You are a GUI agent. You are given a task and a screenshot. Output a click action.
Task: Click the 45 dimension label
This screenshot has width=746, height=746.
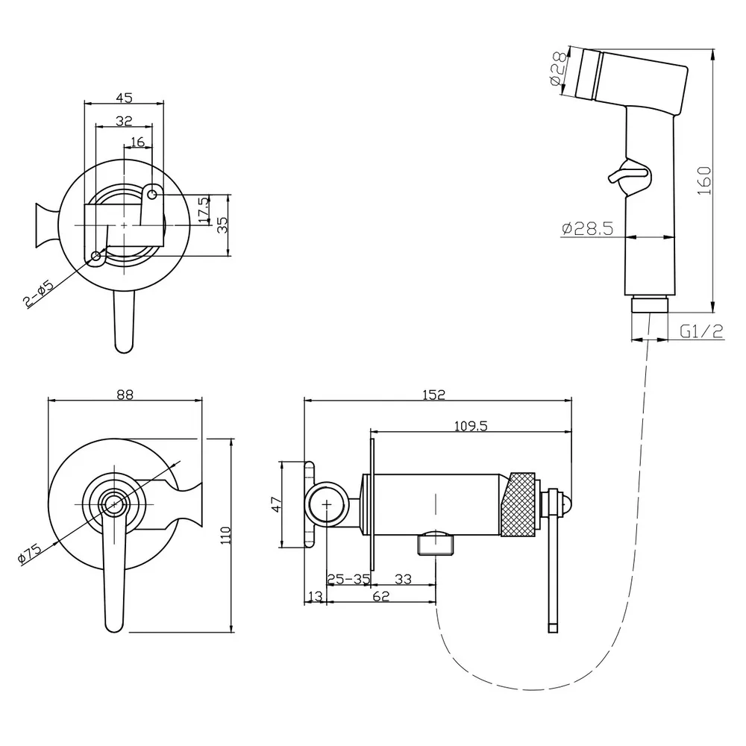[x=124, y=97]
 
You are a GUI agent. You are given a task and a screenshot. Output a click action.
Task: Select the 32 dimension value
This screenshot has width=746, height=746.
[x=124, y=120]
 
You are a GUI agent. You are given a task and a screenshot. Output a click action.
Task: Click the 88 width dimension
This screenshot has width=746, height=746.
[x=125, y=395]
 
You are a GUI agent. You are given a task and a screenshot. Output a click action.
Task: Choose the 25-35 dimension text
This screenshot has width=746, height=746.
[x=348, y=578]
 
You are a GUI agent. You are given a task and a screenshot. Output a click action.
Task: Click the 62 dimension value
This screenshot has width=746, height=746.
[x=380, y=597]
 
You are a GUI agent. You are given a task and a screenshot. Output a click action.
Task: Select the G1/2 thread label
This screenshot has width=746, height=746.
[x=702, y=332]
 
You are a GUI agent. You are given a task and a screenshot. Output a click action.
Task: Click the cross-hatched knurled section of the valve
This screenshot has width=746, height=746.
[x=521, y=503]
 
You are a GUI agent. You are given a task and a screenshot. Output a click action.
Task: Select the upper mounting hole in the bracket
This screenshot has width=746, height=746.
[x=152, y=195]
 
